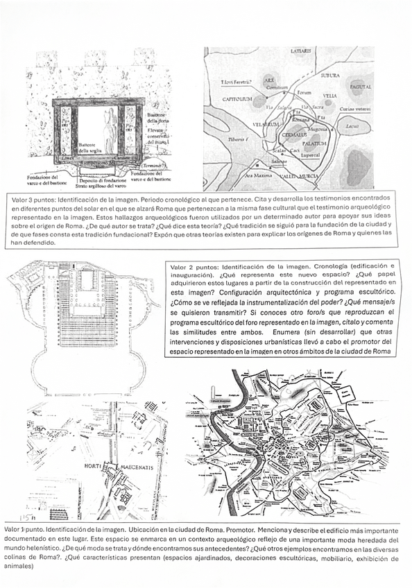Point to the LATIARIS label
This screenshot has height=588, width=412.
click(304, 53)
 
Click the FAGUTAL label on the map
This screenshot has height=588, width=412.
click(359, 87)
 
